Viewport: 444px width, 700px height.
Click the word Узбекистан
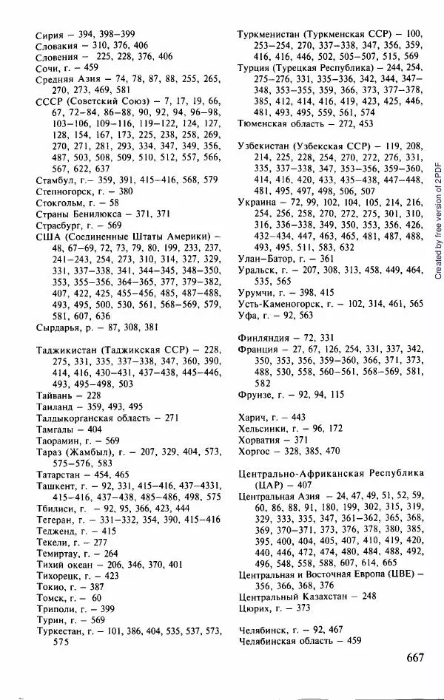[267, 146]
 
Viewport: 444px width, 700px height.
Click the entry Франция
[260, 347]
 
